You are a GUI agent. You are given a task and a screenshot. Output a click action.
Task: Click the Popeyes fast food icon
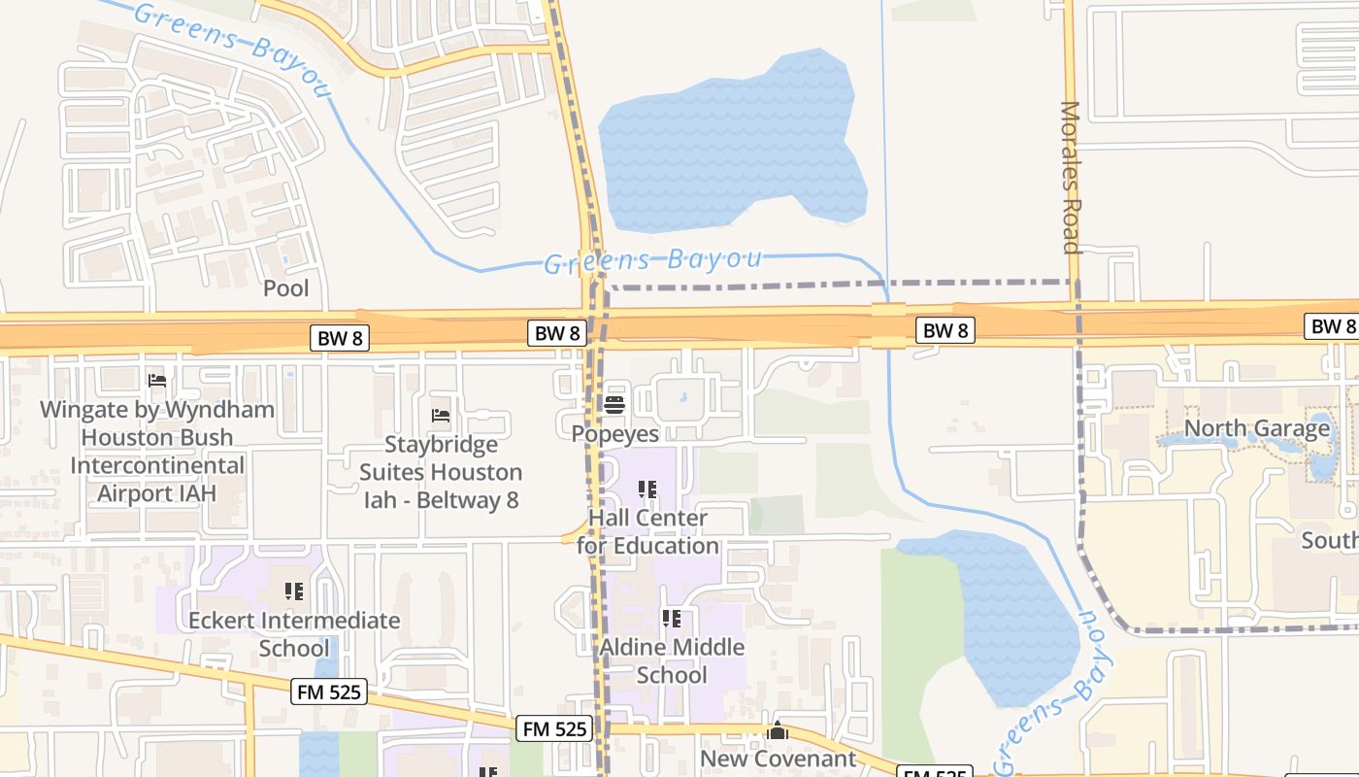[x=613, y=404]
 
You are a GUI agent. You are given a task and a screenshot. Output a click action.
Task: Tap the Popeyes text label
[x=615, y=433]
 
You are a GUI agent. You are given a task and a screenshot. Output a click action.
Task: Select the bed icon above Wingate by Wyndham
[x=157, y=380]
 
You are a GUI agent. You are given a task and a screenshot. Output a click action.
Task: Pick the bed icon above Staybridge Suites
[x=441, y=416]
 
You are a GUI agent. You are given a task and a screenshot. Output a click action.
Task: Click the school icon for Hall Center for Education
[x=646, y=490]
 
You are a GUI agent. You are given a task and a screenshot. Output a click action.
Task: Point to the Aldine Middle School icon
[x=671, y=618]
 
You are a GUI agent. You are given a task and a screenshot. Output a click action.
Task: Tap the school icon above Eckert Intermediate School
[x=293, y=591]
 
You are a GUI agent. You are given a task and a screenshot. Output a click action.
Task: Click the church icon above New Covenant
[x=778, y=730]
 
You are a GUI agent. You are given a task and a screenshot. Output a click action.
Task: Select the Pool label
[x=286, y=287]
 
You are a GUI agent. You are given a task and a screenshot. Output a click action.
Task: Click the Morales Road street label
[x=1071, y=177]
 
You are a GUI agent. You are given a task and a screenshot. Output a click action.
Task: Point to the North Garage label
[x=1257, y=428]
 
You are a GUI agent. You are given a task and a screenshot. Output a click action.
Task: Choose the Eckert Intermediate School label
[x=294, y=633]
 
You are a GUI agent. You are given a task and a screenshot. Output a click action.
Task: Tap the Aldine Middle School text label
[x=673, y=660]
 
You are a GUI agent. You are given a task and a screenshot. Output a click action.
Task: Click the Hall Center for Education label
[x=648, y=531]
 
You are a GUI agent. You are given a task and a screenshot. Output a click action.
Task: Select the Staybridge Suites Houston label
[x=442, y=472]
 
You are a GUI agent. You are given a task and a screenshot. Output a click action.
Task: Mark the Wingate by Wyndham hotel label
[x=157, y=451]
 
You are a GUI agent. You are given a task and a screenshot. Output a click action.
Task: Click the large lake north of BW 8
[x=728, y=146]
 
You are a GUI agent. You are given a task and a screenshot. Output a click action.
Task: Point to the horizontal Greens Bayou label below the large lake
[x=652, y=260]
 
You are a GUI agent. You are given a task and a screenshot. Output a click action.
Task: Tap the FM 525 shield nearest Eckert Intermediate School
[x=329, y=692]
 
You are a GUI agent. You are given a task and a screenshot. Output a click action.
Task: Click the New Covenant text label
[x=779, y=759]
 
